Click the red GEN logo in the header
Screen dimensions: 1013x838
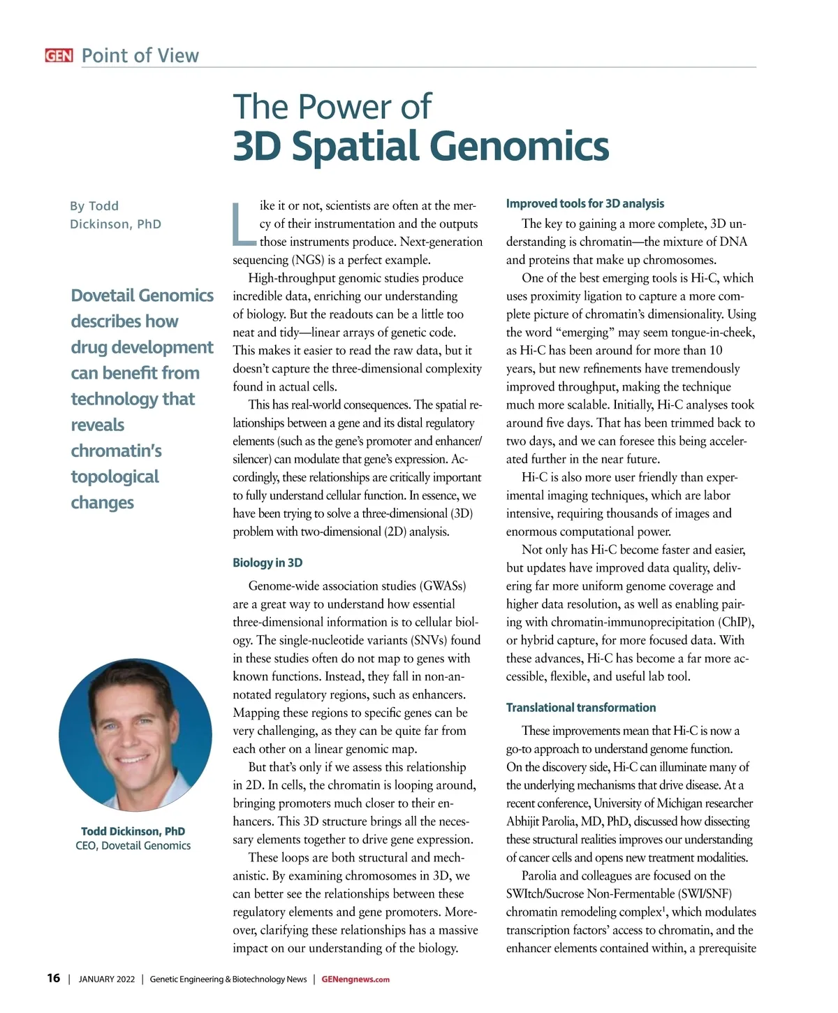(59, 56)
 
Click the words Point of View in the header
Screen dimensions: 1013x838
(140, 56)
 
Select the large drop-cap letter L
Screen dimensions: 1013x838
(244, 224)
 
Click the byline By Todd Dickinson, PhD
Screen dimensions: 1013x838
(115, 215)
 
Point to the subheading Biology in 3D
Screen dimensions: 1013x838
(267, 562)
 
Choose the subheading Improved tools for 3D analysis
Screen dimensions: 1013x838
(585, 203)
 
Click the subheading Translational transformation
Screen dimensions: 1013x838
(581, 708)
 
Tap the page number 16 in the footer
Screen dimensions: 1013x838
(54, 978)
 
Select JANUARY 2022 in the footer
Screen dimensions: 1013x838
(107, 979)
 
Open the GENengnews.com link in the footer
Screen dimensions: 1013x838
(355, 979)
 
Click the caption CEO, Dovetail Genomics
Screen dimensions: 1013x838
(133, 845)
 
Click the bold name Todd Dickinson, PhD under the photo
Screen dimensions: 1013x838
(133, 831)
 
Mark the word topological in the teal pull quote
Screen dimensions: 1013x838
(115, 476)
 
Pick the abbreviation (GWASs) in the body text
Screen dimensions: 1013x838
(443, 586)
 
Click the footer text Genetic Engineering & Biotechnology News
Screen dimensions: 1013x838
(228, 979)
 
